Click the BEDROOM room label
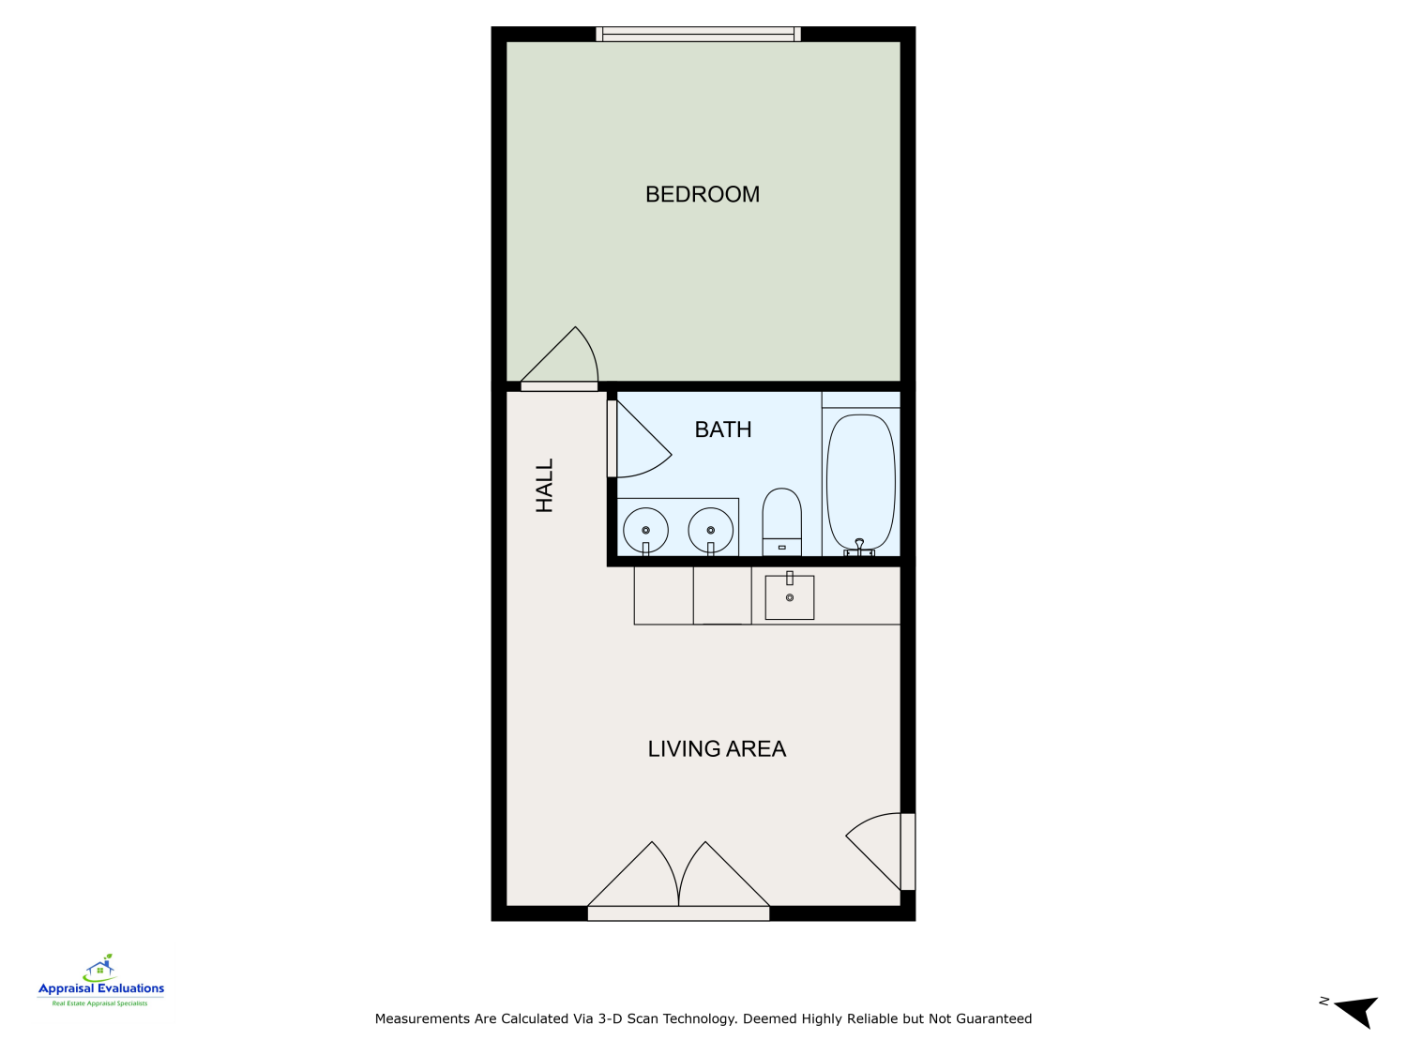(703, 194)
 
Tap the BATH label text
(723, 430)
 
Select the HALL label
(545, 485)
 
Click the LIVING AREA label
(717, 748)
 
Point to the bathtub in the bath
(860, 480)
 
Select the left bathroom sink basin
(645, 531)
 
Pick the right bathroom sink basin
(710, 531)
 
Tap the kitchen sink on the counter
(790, 596)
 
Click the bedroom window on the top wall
(699, 35)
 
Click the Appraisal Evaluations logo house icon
(100, 967)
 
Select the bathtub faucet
(859, 547)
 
